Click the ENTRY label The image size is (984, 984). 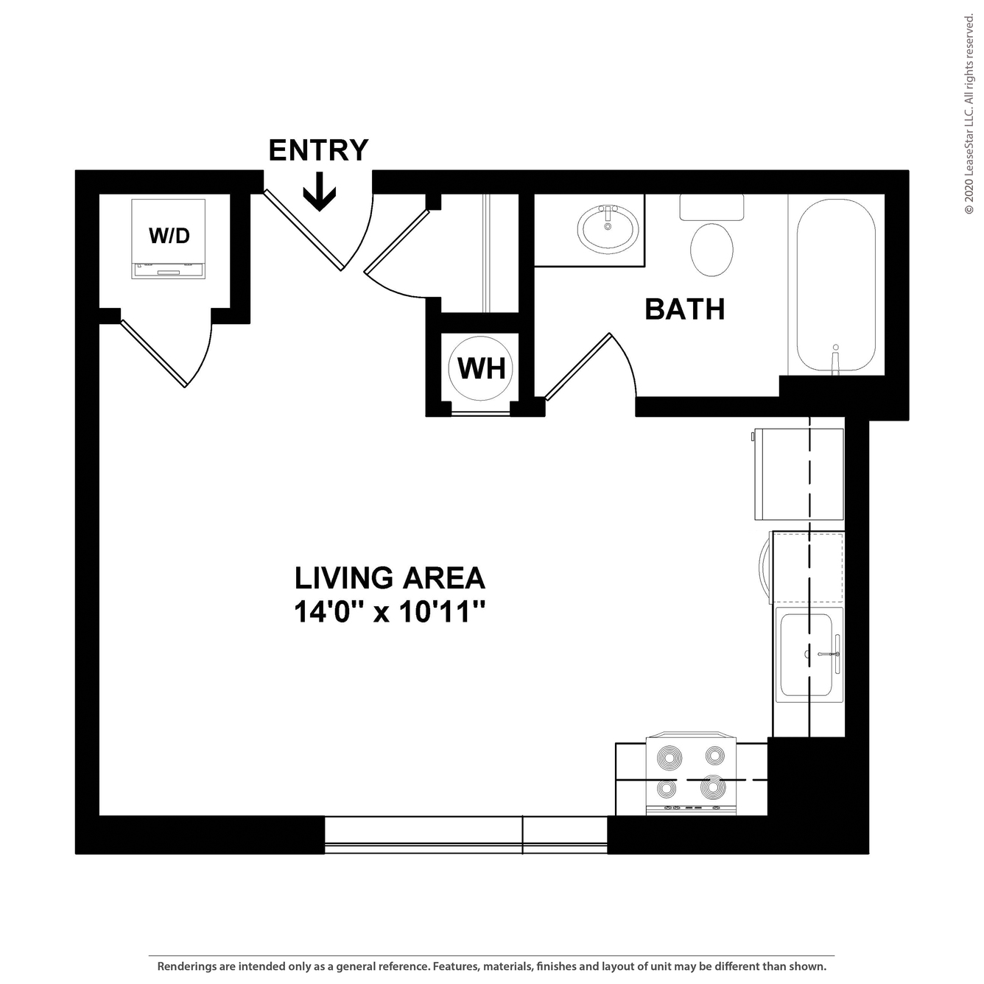click(x=318, y=150)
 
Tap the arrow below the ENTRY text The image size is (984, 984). click(x=319, y=192)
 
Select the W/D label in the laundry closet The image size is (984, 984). click(x=169, y=236)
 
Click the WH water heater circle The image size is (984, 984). click(x=480, y=368)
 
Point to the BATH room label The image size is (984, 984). click(x=685, y=309)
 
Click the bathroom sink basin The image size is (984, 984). click(x=608, y=229)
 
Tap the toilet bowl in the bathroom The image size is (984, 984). click(x=711, y=250)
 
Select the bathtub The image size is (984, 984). click(x=836, y=285)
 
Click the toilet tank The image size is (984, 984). click(x=711, y=207)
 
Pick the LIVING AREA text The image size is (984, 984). click(x=390, y=577)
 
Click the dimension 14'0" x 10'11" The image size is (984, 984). click(x=389, y=611)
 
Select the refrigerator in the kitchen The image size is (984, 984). click(x=799, y=474)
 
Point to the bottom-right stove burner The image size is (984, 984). click(x=714, y=787)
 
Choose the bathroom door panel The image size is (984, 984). click(x=578, y=367)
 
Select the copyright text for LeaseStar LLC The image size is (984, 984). click(x=969, y=114)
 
